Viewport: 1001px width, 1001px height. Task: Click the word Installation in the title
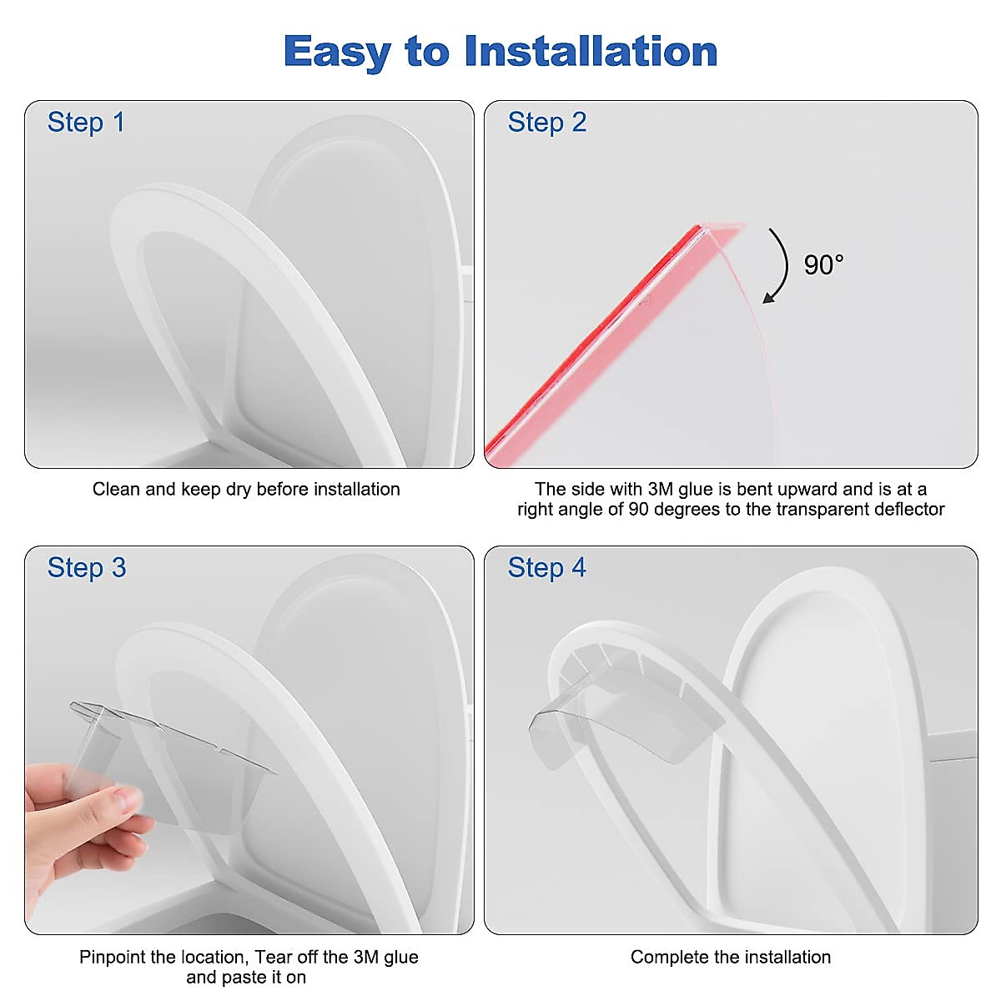[591, 52]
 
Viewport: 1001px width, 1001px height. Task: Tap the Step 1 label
[86, 123]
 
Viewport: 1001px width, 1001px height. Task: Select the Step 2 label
[547, 123]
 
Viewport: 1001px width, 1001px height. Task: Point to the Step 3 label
[87, 568]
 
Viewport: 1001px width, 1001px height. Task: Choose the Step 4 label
[547, 568]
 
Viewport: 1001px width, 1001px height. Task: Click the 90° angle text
[823, 265]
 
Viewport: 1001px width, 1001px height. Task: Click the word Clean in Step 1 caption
[117, 490]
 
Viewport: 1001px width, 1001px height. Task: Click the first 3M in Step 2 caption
[662, 490]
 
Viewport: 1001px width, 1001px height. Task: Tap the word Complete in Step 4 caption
[665, 958]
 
